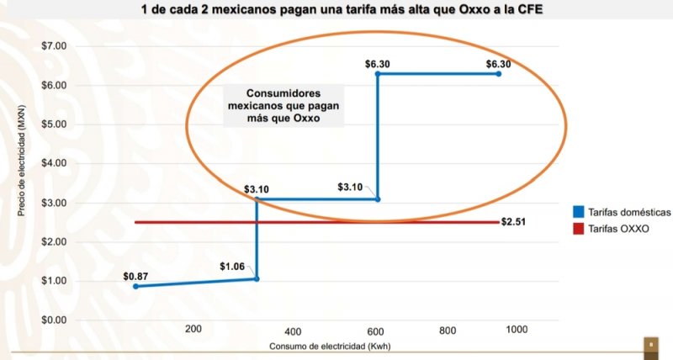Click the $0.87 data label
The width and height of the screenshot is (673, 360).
pyautogui.click(x=135, y=275)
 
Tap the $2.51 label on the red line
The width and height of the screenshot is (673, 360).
pyautogui.click(x=512, y=222)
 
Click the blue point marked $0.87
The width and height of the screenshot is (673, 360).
pyautogui.click(x=135, y=287)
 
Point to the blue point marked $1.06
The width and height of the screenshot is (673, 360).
pyautogui.click(x=257, y=278)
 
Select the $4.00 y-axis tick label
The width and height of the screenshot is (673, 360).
pyautogui.click(x=54, y=163)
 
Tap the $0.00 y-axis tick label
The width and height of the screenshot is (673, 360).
pyautogui.click(x=54, y=320)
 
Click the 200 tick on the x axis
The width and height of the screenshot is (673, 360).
pyautogui.click(x=193, y=329)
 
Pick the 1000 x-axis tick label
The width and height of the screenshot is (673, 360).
pyautogui.click(x=516, y=329)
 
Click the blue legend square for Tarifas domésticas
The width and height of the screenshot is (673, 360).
pyautogui.click(x=579, y=211)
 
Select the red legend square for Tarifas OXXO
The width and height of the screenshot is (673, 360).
pyautogui.click(x=579, y=227)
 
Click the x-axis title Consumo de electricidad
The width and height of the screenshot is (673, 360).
pyautogui.click(x=331, y=347)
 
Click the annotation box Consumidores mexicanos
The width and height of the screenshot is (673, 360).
pyautogui.click(x=275, y=106)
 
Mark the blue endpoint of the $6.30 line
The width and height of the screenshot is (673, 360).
pyautogui.click(x=498, y=74)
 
